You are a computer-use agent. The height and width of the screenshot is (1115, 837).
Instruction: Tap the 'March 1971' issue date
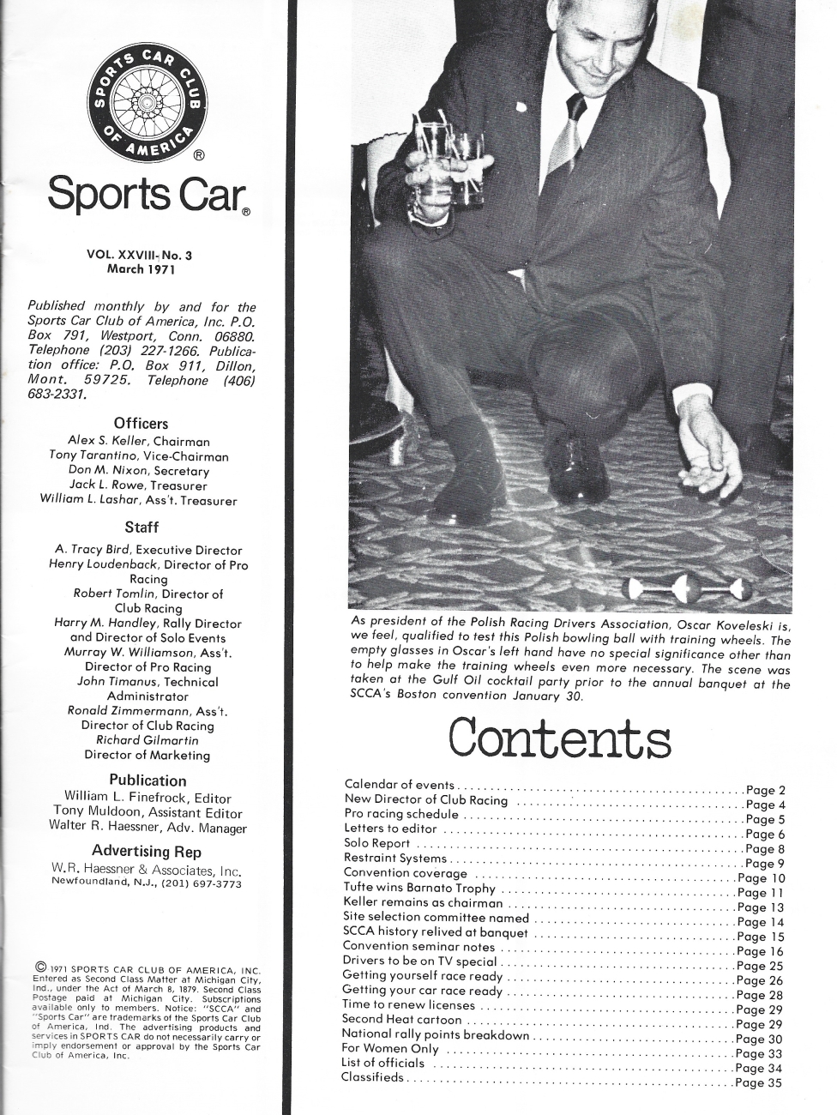[x=141, y=269]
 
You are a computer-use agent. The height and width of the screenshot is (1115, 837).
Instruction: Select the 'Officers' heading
[x=141, y=423]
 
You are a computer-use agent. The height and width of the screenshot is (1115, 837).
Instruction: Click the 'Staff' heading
[x=141, y=527]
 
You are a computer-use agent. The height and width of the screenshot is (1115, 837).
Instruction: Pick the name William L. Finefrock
[x=115, y=797]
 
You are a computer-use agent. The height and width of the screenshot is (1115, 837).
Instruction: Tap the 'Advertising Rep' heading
[x=147, y=851]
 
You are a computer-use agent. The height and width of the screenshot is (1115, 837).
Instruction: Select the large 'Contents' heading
[x=559, y=739]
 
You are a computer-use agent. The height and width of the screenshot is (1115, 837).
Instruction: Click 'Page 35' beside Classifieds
[x=759, y=1082]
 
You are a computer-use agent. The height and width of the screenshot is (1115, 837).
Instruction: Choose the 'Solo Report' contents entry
[x=376, y=844]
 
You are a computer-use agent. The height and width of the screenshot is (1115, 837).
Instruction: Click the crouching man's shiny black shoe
[x=576, y=468]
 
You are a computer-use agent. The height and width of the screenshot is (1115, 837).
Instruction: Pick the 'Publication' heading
[x=148, y=780]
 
